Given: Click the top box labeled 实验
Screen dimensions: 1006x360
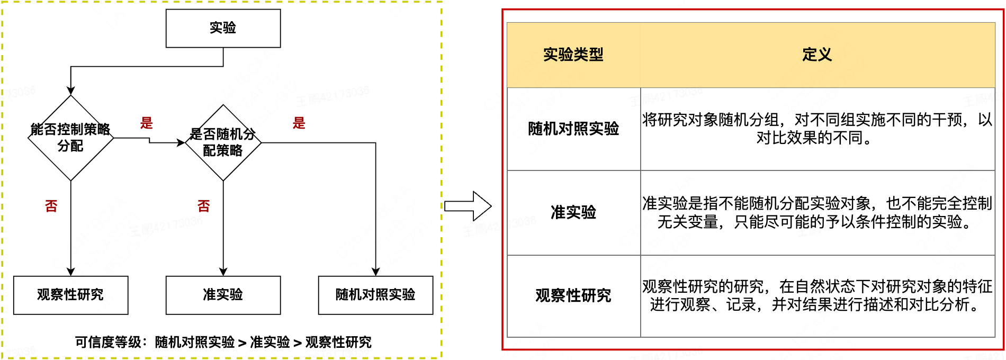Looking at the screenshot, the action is pyautogui.click(x=223, y=28).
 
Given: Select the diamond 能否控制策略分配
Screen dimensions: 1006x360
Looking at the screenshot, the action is pyautogui.click(x=70, y=138).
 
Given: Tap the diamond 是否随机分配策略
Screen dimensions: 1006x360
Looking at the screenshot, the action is pyautogui.click(x=223, y=142).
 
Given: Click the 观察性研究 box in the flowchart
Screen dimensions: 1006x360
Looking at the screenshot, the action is pyautogui.click(x=70, y=295).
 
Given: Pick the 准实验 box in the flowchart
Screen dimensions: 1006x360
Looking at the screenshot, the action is pyautogui.click(x=223, y=295).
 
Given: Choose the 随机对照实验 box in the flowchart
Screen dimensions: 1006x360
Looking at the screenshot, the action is pyautogui.click(x=375, y=295).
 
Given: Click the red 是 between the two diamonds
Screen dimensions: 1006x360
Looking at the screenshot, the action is pyautogui.click(x=147, y=123).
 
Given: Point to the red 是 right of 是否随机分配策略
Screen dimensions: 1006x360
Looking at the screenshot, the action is pyautogui.click(x=299, y=123).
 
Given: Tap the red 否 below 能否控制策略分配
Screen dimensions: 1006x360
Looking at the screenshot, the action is pyautogui.click(x=51, y=206).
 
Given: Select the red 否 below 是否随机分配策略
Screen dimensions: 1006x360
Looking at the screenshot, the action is pyautogui.click(x=204, y=206).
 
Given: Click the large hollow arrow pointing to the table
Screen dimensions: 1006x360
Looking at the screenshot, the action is pyautogui.click(x=468, y=206).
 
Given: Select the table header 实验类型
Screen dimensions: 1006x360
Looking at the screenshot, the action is pyautogui.click(x=573, y=55).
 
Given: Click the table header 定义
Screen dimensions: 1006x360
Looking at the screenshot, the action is pyautogui.click(x=817, y=55).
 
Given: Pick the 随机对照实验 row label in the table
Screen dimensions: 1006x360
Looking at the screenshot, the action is pyautogui.click(x=573, y=129).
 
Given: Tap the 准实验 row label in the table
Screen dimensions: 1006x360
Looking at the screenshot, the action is pyautogui.click(x=573, y=212).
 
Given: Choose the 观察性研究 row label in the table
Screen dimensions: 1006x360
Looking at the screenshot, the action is pyautogui.click(x=573, y=295).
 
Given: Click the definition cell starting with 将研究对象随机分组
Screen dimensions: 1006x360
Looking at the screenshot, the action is pyautogui.click(x=817, y=129).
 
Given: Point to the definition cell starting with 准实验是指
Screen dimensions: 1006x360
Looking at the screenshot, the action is pyautogui.click(x=817, y=212).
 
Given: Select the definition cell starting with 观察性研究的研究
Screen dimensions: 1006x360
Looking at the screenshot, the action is pyautogui.click(x=817, y=295).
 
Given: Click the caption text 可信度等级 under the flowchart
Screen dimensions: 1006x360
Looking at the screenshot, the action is pyautogui.click(x=223, y=343).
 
